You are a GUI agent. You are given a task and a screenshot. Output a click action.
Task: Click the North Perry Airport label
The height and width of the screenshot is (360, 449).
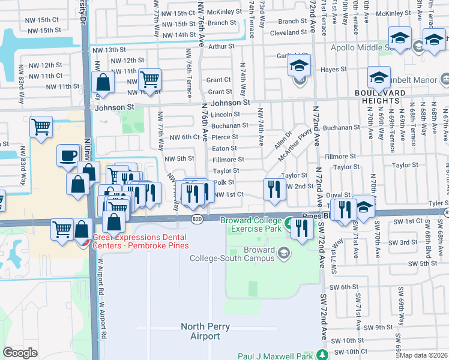(201, 331)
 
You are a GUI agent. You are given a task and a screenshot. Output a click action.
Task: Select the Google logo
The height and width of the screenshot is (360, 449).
(20, 353)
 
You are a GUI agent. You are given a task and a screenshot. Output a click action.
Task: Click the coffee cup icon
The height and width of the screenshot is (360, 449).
(68, 156)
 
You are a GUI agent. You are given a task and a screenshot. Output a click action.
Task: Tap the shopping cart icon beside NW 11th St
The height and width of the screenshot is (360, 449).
(149, 78)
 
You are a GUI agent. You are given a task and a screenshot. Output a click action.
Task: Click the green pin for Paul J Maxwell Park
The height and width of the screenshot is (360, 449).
(324, 354)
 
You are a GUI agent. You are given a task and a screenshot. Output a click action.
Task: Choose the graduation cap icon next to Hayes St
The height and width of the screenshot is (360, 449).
(379, 77)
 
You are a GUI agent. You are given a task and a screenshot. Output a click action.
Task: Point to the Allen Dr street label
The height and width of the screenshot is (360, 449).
(282, 142)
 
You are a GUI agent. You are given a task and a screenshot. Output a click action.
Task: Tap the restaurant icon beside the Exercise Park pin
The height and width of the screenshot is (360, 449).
(302, 228)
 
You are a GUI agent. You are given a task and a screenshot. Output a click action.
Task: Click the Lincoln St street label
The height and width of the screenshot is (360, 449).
(225, 114)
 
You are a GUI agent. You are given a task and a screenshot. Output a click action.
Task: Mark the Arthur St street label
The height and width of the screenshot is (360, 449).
(221, 46)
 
